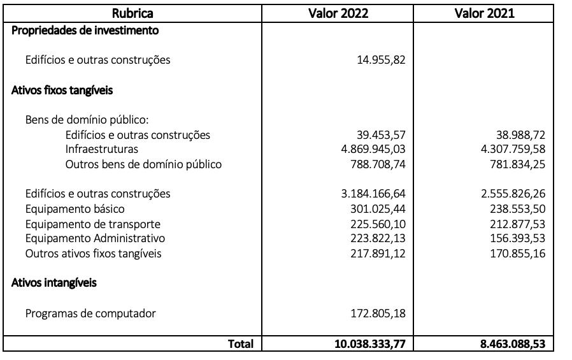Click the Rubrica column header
[x=132, y=13]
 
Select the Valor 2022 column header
[x=338, y=13]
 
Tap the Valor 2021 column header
[x=484, y=13]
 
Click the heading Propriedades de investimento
[x=85, y=30]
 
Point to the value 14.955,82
[x=381, y=61]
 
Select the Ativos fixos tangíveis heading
[x=62, y=90]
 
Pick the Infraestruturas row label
[x=101, y=149]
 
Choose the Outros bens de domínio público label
[x=143, y=164]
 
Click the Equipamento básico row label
[x=75, y=209]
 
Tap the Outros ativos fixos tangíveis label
[x=93, y=254]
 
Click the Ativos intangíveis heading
[x=54, y=283]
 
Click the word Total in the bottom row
[x=241, y=344]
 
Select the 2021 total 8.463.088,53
[x=513, y=344]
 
